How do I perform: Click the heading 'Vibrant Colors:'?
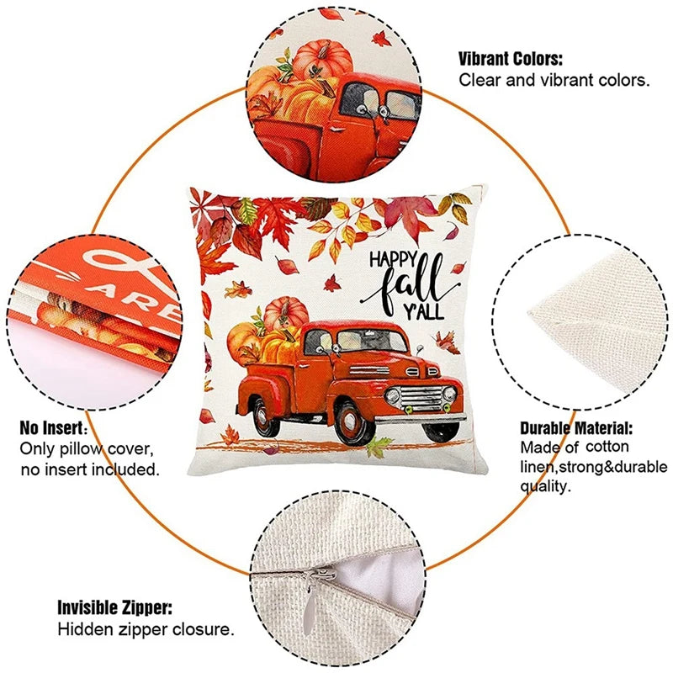tap(511, 59)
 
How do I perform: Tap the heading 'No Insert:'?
tap(54, 428)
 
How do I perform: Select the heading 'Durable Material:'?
tap(576, 428)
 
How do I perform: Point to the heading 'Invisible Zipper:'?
tap(114, 608)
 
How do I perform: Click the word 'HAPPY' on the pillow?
tap(393, 260)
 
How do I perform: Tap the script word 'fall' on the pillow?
tap(411, 284)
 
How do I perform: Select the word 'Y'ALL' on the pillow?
tap(423, 311)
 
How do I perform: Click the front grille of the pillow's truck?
tap(421, 397)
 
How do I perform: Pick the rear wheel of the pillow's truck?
tap(263, 417)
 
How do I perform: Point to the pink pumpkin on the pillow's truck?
tap(285, 315)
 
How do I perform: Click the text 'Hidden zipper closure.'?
tap(146, 629)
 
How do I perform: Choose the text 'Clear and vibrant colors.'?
tap(554, 80)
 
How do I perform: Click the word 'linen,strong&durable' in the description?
tap(594, 467)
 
